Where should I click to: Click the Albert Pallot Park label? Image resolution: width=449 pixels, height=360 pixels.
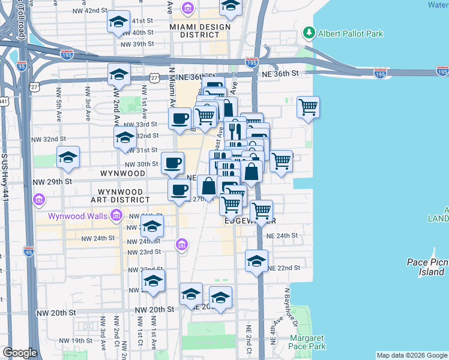[351, 34]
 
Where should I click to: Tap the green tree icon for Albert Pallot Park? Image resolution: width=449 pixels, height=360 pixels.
[309, 32]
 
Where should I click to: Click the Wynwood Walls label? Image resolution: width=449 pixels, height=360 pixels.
[78, 215]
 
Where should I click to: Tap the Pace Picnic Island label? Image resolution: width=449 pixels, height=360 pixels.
[424, 268]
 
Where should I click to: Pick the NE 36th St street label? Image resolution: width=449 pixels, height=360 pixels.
[280, 73]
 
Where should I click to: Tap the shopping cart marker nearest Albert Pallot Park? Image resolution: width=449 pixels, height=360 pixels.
[308, 107]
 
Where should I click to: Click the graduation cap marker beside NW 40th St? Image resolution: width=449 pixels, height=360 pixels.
[119, 22]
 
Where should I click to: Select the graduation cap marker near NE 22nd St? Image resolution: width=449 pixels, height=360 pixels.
[256, 261]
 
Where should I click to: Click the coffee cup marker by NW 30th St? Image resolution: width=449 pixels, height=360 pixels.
[173, 162]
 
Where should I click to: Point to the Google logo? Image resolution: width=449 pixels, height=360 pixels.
[20, 353]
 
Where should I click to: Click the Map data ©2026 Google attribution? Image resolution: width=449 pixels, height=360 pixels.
[411, 355]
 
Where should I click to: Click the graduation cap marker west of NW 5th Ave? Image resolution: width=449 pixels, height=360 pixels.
[68, 158]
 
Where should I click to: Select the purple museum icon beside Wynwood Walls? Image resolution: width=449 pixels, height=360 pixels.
[116, 215]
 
